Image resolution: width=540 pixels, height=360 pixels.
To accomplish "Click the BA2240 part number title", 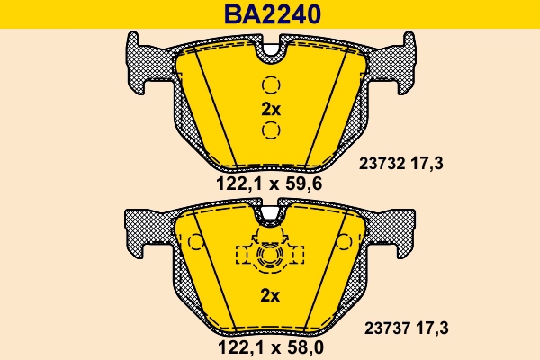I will (270, 13).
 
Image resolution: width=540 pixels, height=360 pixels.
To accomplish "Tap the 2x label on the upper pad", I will (271, 110).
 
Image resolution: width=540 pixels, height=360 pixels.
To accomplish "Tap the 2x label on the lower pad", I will (271, 295).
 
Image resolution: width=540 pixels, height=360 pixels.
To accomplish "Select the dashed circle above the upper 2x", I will (271, 86).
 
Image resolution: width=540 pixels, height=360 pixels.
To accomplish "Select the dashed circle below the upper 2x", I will (271, 132).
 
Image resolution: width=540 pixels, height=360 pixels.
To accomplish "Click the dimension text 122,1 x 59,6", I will (269, 184).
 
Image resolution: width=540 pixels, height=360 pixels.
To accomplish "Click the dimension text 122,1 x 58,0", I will (269, 346).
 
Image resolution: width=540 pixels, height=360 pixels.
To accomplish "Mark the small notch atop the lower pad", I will (270, 215).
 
